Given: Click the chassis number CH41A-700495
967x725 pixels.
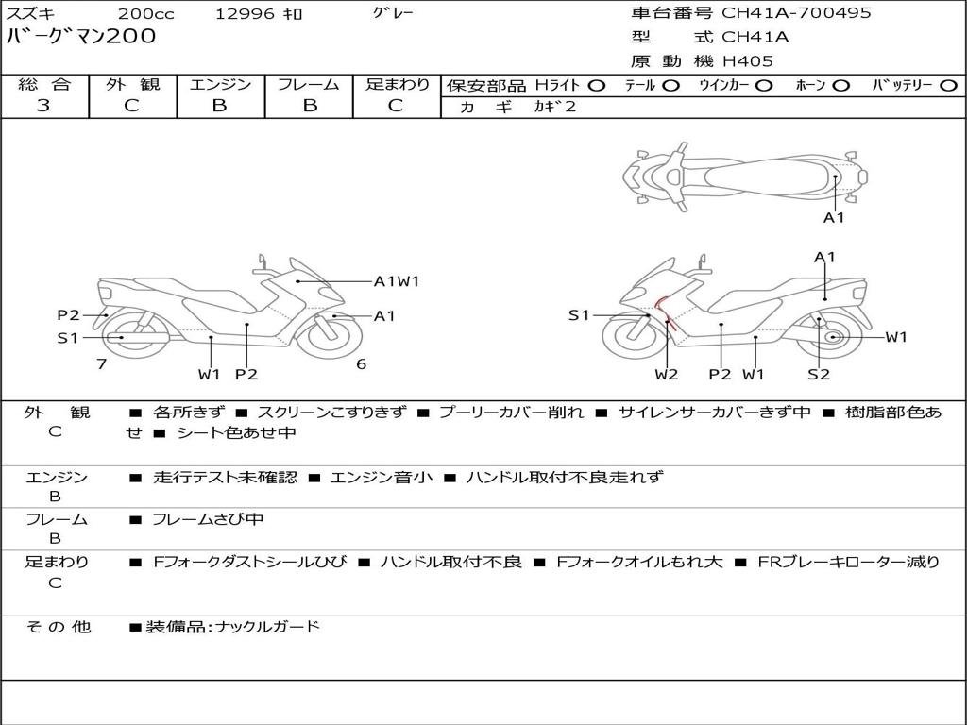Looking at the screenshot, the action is pos(796,13).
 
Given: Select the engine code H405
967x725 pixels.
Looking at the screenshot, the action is pos(748,61).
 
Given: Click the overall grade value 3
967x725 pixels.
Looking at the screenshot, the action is pos(43,106).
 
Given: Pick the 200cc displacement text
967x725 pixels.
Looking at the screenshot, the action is pos(146,13).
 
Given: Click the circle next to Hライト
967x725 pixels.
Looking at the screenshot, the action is pos(597,86).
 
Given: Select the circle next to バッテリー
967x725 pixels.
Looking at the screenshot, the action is pos(949,86).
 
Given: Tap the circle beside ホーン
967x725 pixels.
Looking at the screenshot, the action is pos(840,86).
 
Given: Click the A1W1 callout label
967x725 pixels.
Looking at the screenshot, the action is pos(397,281).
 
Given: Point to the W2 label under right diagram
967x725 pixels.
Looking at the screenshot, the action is pos(666,374).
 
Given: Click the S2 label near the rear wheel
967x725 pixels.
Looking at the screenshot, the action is pos(819,374).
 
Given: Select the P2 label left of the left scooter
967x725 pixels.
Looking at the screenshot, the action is pos(68,315).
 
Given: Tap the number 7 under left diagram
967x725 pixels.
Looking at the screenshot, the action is pos(102,364).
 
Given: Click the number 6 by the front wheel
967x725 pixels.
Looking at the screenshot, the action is pos(362,364).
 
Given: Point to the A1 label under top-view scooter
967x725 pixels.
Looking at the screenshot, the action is pos(834,218).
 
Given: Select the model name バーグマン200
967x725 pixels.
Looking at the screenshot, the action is pos(81,36).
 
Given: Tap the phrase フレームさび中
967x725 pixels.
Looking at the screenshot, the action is pos(208,520).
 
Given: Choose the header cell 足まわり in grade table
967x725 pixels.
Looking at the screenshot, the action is pos(398,84).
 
